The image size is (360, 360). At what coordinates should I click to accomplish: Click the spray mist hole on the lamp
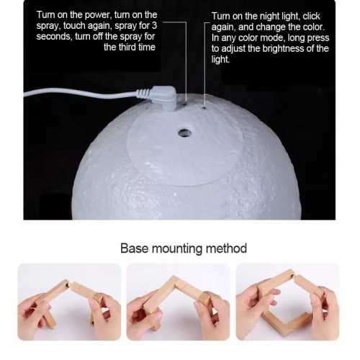click(186, 133)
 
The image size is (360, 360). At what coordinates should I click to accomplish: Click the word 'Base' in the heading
click(135, 248)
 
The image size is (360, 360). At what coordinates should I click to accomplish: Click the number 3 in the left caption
click(169, 25)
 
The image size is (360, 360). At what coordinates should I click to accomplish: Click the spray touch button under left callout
click(186, 103)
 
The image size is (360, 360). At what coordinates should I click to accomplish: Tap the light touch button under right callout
click(204, 108)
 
